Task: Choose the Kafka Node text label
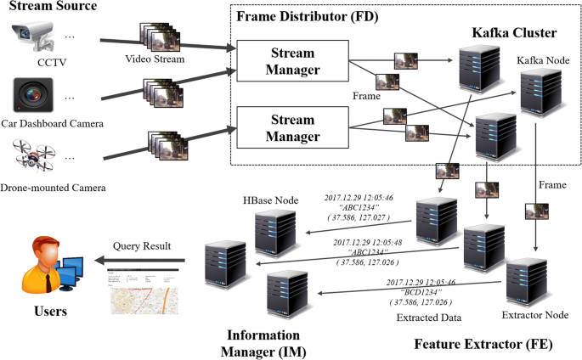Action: (544, 60)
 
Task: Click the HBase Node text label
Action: (272, 200)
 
